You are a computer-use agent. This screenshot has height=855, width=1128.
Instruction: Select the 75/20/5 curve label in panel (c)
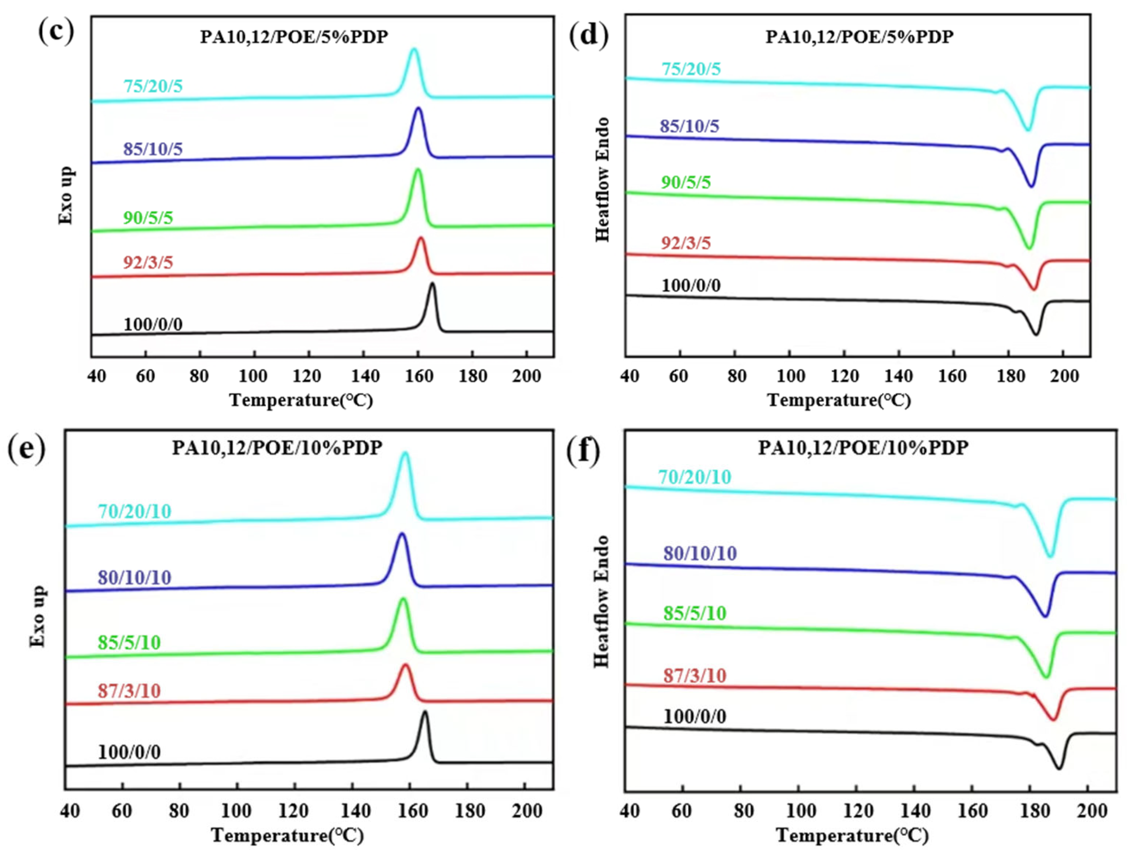(153, 86)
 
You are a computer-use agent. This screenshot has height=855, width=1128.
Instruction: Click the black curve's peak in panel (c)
(432, 284)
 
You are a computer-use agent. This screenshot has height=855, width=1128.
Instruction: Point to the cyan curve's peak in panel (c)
(414, 49)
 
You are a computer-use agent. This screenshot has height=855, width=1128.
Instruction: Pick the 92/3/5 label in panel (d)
(686, 243)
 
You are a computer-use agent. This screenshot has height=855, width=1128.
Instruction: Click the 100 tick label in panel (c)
(253, 376)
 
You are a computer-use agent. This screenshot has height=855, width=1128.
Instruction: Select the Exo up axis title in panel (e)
(38, 616)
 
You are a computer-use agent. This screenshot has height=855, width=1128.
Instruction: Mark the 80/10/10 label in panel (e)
(135, 578)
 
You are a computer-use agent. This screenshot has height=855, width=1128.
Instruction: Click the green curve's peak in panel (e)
(403, 599)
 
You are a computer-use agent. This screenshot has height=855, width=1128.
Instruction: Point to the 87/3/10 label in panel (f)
(695, 676)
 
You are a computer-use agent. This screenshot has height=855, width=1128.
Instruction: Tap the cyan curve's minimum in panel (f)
(1049, 556)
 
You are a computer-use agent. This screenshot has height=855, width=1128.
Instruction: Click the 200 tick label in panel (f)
(1091, 811)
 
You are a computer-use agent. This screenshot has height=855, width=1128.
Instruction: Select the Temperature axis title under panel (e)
(288, 835)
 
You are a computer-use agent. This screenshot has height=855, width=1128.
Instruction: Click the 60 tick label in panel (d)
(678, 376)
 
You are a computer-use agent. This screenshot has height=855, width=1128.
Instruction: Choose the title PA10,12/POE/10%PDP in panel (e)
(277, 448)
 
